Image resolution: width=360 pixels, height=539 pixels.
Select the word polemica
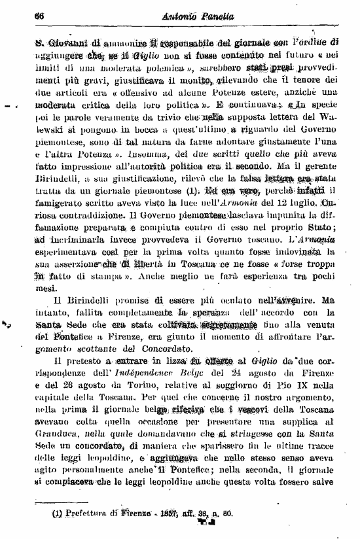pos(153,69)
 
